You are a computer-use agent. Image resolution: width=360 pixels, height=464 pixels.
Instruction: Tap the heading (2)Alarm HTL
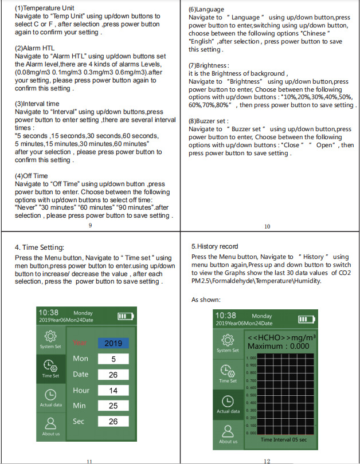pyautogui.click(x=34, y=49)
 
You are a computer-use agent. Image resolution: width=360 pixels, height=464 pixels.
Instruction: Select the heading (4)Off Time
pyautogui.click(x=32, y=176)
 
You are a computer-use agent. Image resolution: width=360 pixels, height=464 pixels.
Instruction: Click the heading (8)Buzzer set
pyautogui.click(x=209, y=121)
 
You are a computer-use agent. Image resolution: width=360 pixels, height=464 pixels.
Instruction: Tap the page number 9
pyautogui.click(x=91, y=226)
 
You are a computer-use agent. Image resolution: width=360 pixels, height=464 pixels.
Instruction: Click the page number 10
pyautogui.click(x=267, y=226)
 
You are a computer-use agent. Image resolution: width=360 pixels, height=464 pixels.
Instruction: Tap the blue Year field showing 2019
pyautogui.click(x=113, y=343)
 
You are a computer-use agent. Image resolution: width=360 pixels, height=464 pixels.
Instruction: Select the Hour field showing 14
pyautogui.click(x=113, y=390)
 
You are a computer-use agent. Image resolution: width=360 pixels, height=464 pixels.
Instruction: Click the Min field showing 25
pyautogui.click(x=113, y=406)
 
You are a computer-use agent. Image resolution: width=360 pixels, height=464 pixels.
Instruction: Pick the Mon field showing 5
pyautogui.click(x=113, y=359)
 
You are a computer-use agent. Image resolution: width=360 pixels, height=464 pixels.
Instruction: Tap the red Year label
pyautogui.click(x=80, y=343)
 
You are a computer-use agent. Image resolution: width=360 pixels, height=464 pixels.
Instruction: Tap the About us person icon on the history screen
pyautogui.click(x=228, y=431)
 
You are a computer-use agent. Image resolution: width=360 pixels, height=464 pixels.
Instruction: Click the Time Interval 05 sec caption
pyautogui.click(x=283, y=439)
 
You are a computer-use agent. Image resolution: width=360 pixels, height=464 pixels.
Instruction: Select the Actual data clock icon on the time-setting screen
pyautogui.click(x=50, y=395)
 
